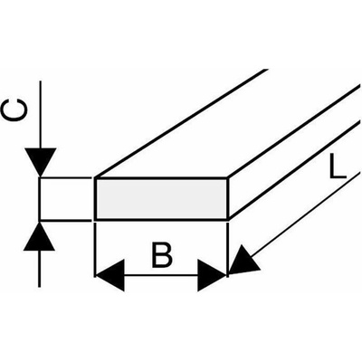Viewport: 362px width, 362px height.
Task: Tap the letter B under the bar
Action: coord(162,255)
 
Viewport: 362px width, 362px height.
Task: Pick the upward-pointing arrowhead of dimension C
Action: coord(39,236)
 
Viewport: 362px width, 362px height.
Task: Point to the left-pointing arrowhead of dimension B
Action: coord(110,275)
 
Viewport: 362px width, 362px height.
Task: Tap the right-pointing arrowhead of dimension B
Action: coord(212,275)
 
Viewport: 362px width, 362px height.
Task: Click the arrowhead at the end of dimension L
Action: coord(243,261)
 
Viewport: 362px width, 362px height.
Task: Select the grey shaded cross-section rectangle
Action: coord(161,199)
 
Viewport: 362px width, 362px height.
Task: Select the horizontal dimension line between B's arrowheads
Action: coord(161,275)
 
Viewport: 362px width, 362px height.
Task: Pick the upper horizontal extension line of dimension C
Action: coord(66,178)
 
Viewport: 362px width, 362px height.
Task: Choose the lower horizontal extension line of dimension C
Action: coord(66,221)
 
